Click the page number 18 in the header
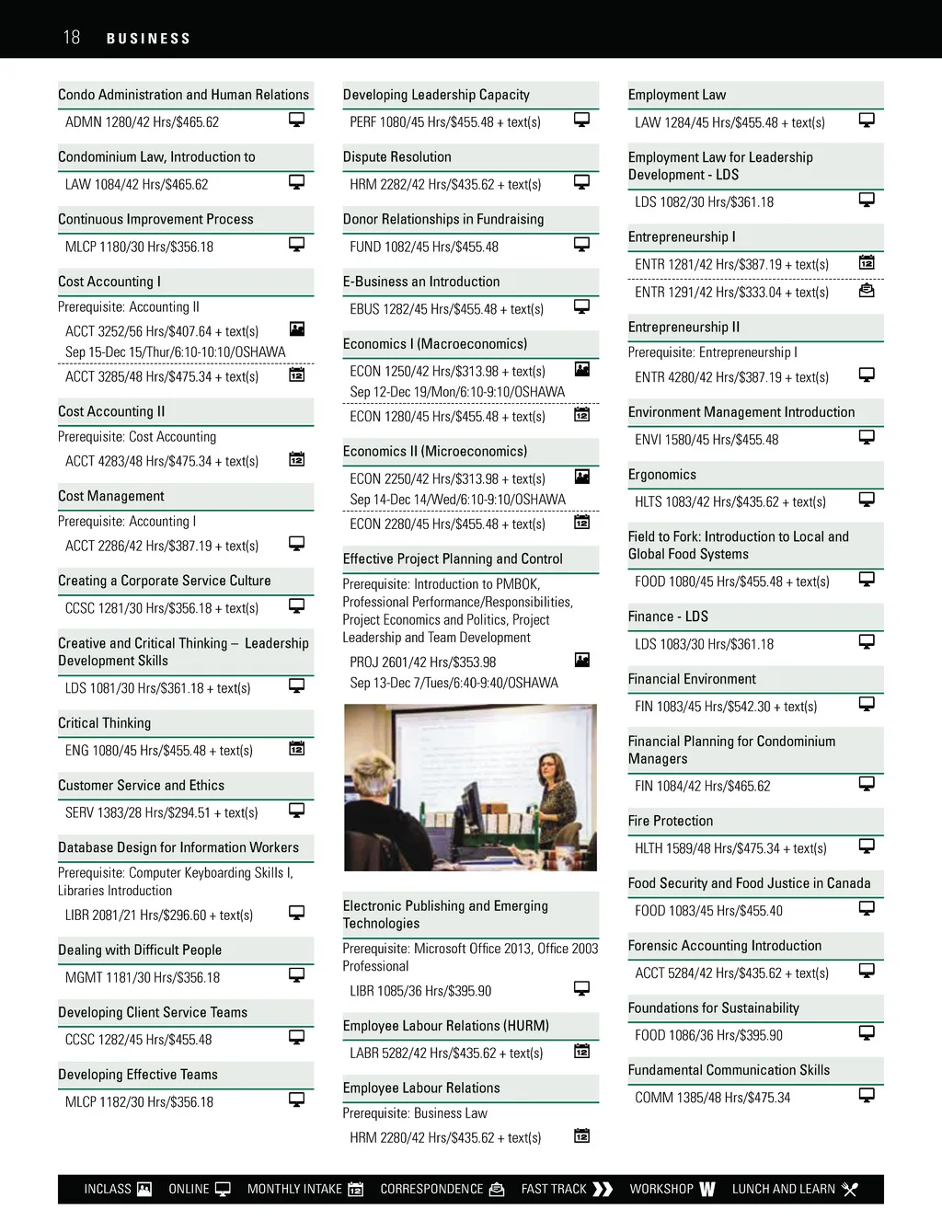pos(72,38)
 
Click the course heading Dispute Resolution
pos(396,157)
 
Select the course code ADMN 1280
pos(98,122)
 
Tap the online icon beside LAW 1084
pos(297,182)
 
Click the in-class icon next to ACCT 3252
pos(297,328)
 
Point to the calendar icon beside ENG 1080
pos(297,748)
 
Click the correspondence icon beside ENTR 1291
pos(867,290)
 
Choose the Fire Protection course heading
pos(670,821)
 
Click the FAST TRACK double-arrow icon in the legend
pos(603,1189)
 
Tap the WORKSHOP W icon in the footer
pos(707,1189)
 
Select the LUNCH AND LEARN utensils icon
pos(850,1189)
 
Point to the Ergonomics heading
pos(661,475)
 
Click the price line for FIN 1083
pos(725,707)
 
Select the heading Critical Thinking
pos(104,723)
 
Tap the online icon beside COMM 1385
pos(867,1095)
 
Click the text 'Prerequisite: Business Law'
pos(414,1113)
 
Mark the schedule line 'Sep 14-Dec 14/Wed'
pos(457,500)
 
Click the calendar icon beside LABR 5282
pos(582,1051)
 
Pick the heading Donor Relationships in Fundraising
pos(442,220)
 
